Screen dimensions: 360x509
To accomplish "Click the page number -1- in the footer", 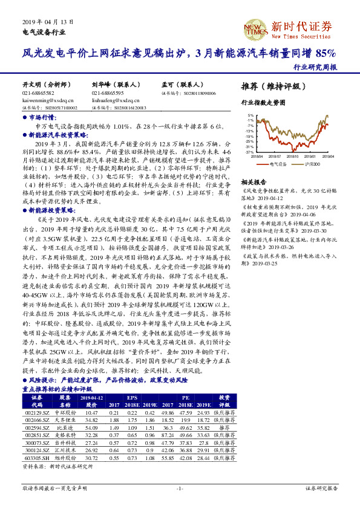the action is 180,488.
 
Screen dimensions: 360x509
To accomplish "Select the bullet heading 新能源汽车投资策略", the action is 56,137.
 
